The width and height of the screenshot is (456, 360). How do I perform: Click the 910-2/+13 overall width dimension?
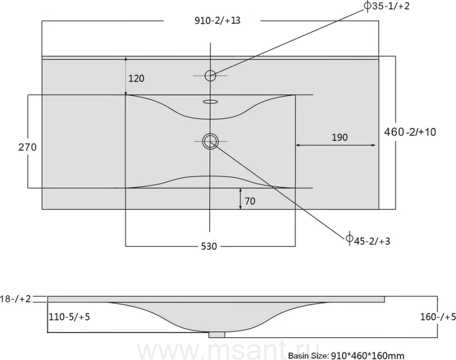pos(217,21)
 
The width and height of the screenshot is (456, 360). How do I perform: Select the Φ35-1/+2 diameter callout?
pos(387,6)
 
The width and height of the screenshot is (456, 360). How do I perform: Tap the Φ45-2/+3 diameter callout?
pos(368,240)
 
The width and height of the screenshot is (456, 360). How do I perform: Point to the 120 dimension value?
pos(136,78)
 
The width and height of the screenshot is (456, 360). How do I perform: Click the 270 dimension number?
pos(28,147)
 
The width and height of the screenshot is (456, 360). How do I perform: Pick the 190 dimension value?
pos(339,137)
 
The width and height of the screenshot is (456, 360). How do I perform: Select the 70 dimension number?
pos(250,201)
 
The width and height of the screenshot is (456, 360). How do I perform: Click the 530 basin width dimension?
pos(209,247)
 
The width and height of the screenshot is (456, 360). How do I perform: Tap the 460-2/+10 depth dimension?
pos(410,132)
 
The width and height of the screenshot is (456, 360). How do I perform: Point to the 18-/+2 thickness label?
pos(15,299)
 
